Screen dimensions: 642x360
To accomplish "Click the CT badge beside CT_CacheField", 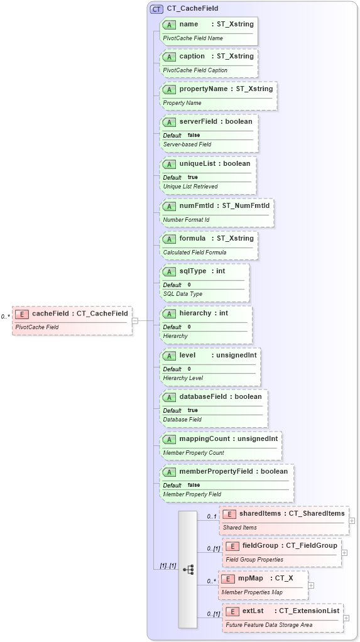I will [x=156, y=9].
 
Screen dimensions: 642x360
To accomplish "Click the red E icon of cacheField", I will [x=22, y=314].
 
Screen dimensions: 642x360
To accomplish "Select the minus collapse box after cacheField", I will [x=135, y=320].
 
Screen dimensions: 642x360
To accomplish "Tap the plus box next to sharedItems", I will [x=352, y=520].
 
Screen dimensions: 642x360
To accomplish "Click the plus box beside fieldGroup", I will [x=344, y=552].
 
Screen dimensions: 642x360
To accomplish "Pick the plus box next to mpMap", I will [x=311, y=585].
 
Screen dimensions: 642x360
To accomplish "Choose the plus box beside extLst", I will [x=346, y=618].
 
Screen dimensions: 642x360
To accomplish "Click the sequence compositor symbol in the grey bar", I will [x=188, y=569].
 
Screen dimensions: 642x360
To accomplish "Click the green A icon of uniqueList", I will [x=169, y=164].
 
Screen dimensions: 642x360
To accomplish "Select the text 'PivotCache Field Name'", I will [x=193, y=38].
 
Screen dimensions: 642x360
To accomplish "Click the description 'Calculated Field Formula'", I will [x=195, y=253].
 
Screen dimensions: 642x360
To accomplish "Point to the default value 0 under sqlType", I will [x=189, y=285].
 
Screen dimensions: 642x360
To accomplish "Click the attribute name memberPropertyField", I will [x=217, y=471].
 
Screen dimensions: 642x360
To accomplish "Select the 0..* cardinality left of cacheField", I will [x=6, y=317].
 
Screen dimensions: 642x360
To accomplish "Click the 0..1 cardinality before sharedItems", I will [x=212, y=516].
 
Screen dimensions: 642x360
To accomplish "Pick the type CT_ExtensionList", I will [x=309, y=611].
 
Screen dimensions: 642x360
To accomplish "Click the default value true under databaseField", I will [x=192, y=410].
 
